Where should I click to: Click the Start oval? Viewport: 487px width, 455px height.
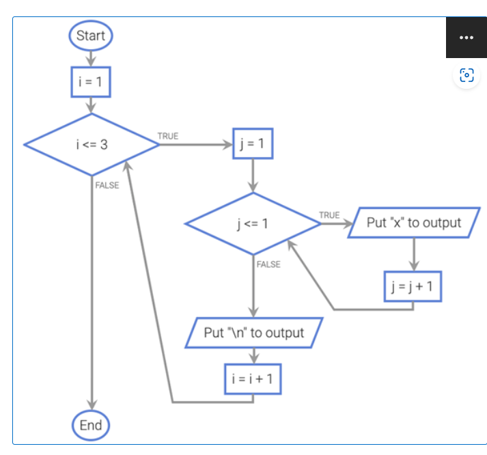(x=90, y=36)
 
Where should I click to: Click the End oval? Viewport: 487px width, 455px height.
(x=90, y=425)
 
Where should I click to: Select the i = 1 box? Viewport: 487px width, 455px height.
(x=90, y=82)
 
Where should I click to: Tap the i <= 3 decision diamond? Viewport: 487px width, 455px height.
(x=91, y=145)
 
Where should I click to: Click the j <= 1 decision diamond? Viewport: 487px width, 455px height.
(x=253, y=224)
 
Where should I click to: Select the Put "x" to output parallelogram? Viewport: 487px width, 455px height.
(x=413, y=223)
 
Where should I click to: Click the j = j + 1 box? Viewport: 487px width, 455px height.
(x=413, y=286)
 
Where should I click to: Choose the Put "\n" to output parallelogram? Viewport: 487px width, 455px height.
(x=253, y=333)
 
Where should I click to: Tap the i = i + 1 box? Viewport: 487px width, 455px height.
(x=253, y=378)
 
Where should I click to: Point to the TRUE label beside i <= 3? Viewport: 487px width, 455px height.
(x=168, y=137)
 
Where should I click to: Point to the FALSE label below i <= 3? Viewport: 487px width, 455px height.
(x=107, y=186)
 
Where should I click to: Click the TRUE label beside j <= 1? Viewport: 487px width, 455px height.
(x=329, y=215)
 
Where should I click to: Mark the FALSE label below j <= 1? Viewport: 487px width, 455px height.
(x=268, y=264)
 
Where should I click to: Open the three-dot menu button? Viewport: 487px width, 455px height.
(x=467, y=38)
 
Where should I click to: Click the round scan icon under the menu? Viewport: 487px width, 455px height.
(x=467, y=75)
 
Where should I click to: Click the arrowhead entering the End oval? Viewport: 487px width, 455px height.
(x=91, y=406)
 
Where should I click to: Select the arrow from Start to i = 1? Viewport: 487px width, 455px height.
(x=90, y=59)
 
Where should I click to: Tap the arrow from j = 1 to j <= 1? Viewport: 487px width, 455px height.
(x=253, y=176)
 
